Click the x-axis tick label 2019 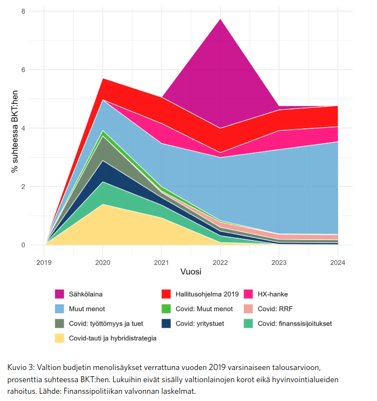coord(45,262)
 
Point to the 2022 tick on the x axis coord(220,262)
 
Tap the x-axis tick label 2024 coord(337,262)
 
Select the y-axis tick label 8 coord(23,11)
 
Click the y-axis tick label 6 coord(23,70)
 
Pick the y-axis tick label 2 coord(23,186)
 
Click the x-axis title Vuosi coord(191,272)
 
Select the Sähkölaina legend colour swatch coord(60,294)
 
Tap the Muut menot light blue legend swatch coord(60,309)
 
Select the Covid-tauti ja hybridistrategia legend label coord(112,338)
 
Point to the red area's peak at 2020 coord(103,80)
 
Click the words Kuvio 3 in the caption coord(19,368)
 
